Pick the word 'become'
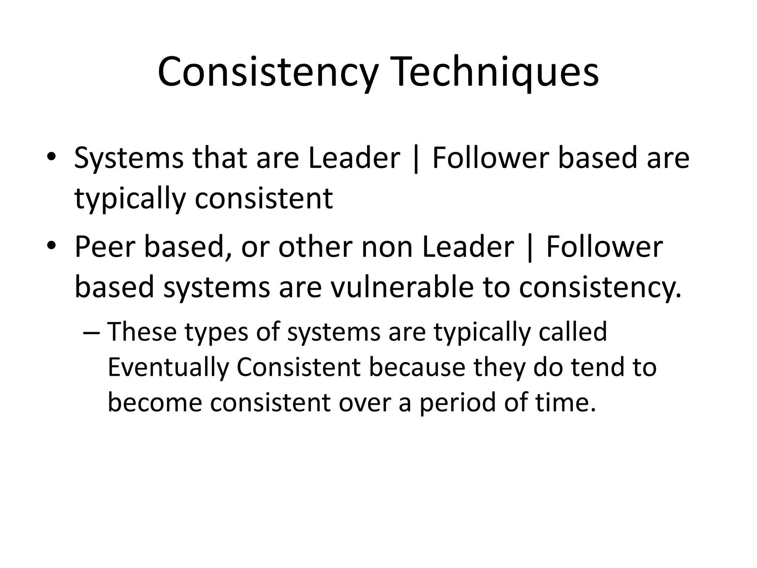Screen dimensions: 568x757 (x=155, y=402)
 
